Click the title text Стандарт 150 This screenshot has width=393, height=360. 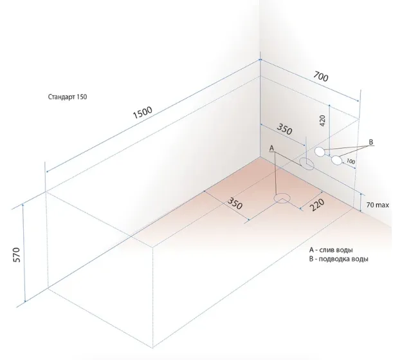[x=68, y=97]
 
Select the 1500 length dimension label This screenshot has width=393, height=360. [x=142, y=113]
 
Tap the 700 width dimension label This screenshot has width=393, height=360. [x=320, y=77]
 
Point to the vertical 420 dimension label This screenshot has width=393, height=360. [x=323, y=120]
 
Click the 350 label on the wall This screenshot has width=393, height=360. [x=284, y=129]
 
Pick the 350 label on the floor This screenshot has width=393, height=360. [x=235, y=204]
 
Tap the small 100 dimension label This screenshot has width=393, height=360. [x=351, y=162]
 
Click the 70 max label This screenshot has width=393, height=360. [x=378, y=205]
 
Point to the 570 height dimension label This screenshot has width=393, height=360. [x=16, y=254]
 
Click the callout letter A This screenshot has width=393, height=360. [x=271, y=149]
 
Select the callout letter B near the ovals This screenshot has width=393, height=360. [x=371, y=142]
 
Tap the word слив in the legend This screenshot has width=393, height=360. [x=327, y=250]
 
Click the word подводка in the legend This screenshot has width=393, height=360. [x=334, y=259]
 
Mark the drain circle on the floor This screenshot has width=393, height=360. [x=282, y=198]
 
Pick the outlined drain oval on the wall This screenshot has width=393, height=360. [x=306, y=164]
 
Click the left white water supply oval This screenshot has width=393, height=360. [x=320, y=152]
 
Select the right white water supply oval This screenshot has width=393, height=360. [x=336, y=160]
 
